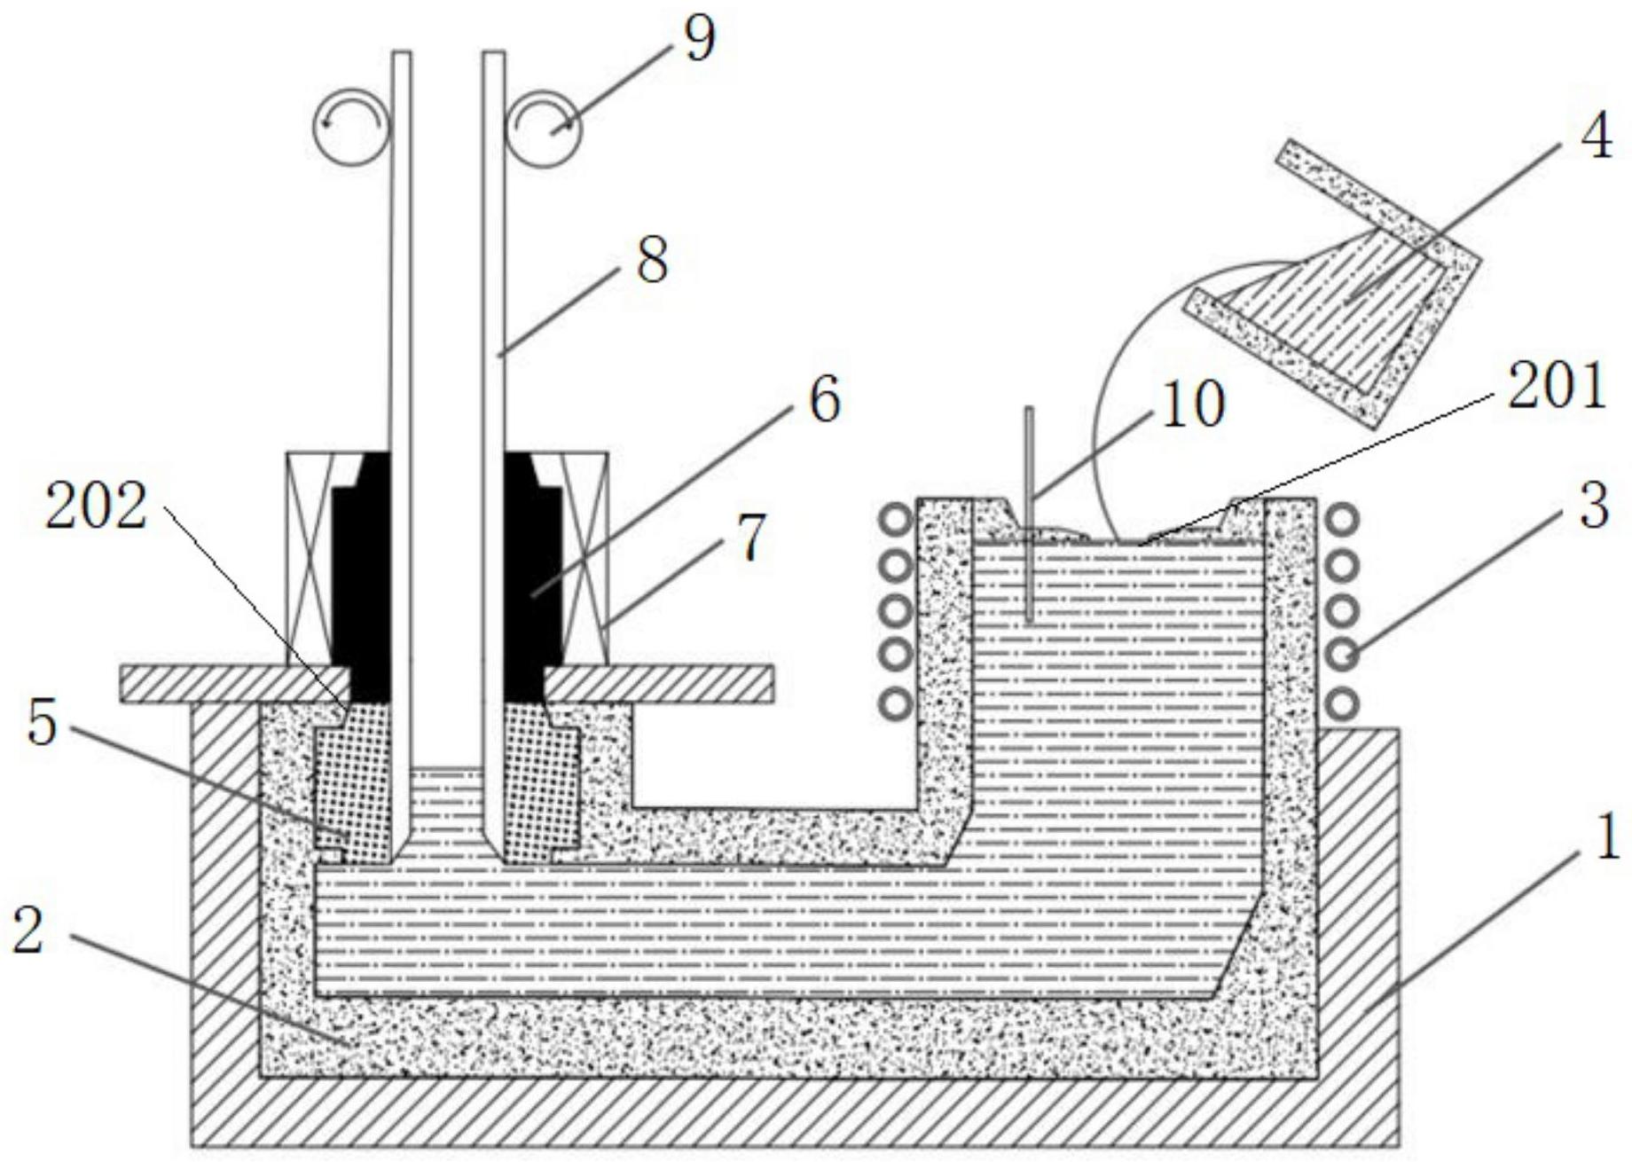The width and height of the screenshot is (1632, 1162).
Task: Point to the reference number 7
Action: [x=751, y=540]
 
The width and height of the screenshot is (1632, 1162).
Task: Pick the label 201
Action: [x=1557, y=387]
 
